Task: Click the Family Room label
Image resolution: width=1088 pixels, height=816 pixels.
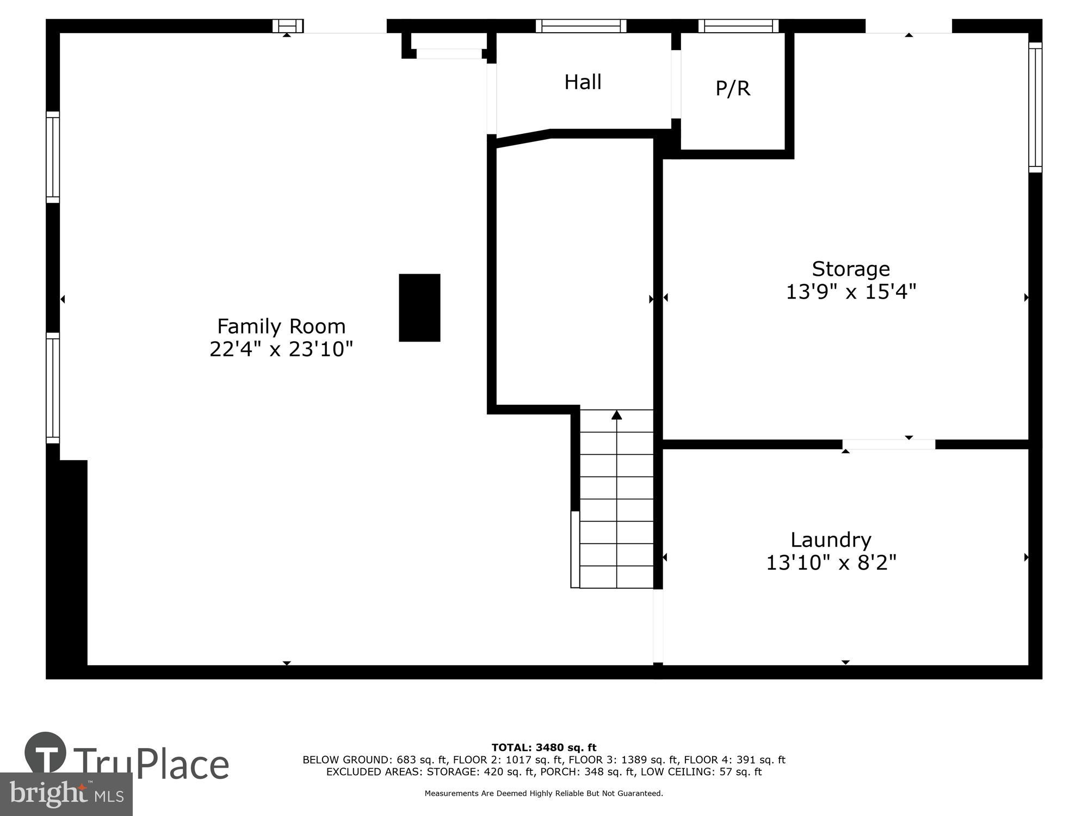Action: [281, 326]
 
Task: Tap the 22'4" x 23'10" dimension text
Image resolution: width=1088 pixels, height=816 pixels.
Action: [281, 349]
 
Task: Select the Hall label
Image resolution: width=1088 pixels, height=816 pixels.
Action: [583, 83]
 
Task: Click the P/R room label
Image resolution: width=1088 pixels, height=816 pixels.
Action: [733, 88]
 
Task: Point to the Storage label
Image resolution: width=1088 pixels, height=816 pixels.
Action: [851, 269]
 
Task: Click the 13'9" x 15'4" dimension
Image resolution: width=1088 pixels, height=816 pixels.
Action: [851, 292]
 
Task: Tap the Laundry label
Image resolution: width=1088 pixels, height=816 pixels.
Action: [831, 540]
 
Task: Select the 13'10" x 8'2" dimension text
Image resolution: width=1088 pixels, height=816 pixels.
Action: [831, 562]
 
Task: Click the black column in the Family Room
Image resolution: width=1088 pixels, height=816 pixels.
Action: [419, 308]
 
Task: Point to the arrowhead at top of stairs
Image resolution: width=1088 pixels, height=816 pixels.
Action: [616, 415]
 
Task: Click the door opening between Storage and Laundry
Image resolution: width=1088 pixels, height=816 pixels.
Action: [889, 444]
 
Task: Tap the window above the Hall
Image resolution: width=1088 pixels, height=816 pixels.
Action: [581, 26]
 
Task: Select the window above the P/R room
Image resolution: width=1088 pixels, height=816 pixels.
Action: [738, 26]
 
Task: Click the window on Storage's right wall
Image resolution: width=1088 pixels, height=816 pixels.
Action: [1035, 108]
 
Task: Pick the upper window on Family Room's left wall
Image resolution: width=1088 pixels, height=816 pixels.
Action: [52, 157]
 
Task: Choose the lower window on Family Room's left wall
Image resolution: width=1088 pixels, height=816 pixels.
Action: [52, 388]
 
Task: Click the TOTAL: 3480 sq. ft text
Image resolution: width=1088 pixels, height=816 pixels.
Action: [544, 747]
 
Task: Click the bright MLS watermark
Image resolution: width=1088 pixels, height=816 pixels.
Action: [66, 795]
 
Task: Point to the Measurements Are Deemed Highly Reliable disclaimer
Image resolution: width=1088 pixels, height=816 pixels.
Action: [544, 794]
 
